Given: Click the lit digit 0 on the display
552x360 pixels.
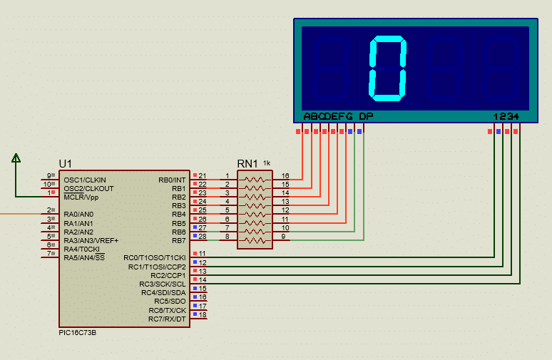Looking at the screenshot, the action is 387,68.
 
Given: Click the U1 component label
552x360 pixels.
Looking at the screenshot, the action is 66,164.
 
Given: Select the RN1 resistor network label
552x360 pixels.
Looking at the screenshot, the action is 247,164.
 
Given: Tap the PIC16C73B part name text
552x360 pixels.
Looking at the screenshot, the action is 78,332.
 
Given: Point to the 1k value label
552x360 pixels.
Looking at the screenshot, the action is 267,163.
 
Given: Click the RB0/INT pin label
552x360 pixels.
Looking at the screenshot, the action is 172,180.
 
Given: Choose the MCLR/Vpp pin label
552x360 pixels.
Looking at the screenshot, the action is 81,197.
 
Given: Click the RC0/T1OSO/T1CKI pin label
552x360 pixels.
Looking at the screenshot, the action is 155,258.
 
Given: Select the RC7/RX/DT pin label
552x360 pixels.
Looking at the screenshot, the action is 167,319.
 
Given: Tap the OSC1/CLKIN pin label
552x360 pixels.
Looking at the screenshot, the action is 85,180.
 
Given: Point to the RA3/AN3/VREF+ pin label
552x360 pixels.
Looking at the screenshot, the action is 91,241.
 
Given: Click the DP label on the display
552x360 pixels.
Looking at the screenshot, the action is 366,116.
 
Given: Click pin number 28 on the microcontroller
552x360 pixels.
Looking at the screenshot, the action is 203,237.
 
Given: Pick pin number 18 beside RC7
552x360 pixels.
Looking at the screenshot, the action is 203,314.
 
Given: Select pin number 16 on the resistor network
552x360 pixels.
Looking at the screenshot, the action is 285,175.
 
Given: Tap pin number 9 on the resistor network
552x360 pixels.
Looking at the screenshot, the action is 283,237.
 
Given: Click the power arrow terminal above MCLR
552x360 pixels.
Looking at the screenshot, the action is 16,158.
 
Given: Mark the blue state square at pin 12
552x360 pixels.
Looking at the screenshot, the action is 195,262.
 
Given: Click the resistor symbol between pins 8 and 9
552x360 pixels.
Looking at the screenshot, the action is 255,241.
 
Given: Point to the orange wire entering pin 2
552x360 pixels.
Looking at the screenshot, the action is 21,214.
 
